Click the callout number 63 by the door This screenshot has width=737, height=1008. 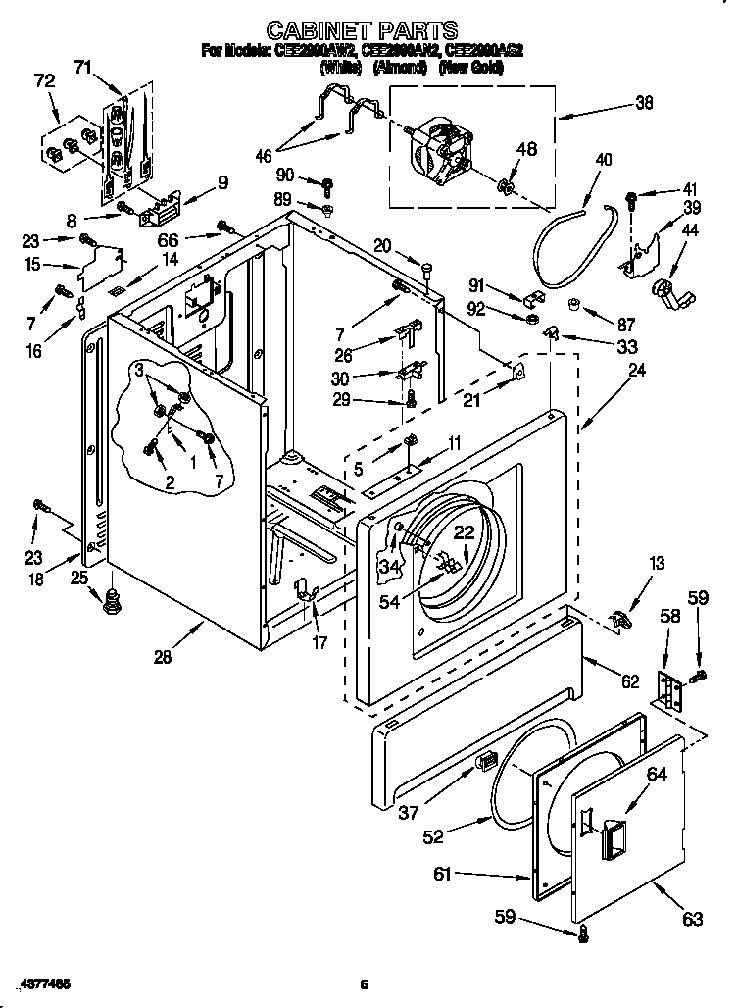click(693, 919)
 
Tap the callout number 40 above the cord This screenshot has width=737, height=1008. click(603, 159)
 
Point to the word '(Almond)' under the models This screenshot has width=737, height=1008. click(399, 68)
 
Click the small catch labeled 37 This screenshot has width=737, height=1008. click(484, 760)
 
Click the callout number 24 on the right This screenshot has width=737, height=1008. click(637, 370)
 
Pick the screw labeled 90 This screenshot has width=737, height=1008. click(327, 183)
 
